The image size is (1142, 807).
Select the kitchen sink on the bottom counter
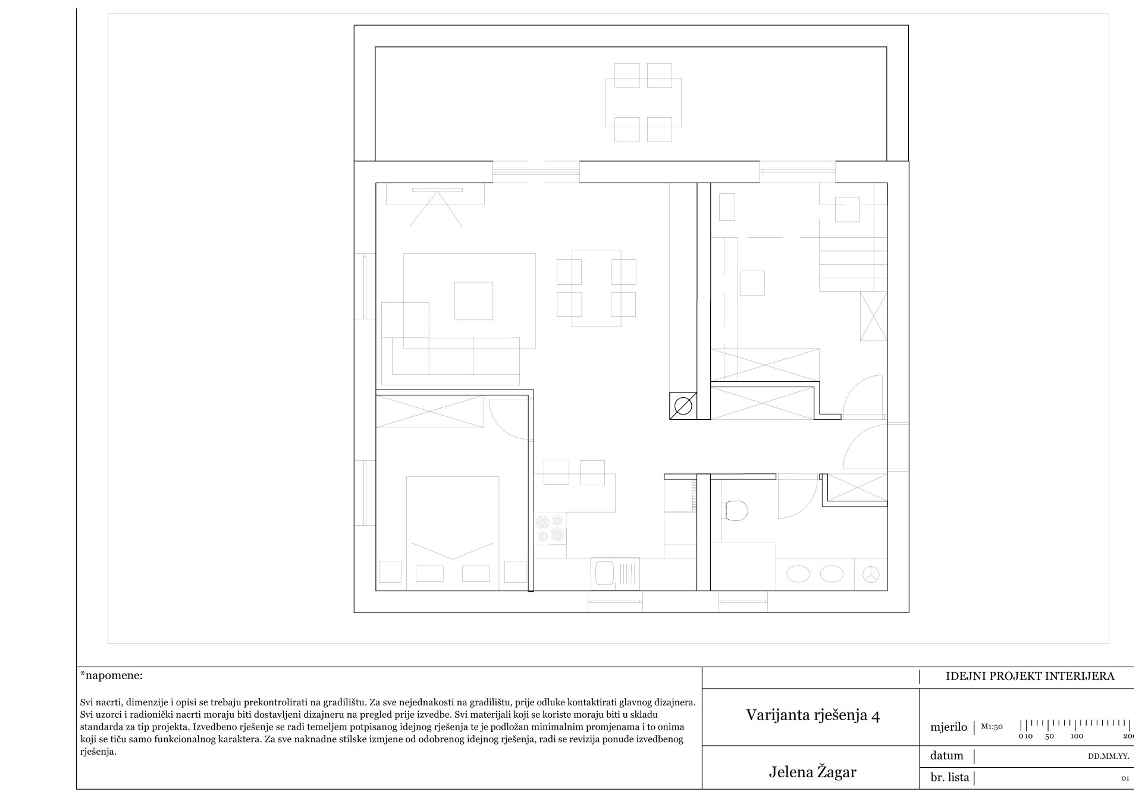615,574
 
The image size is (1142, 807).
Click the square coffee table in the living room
474,301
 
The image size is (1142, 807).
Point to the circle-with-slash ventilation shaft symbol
683,406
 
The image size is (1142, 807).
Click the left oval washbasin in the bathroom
798,574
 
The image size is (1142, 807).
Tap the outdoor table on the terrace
643,102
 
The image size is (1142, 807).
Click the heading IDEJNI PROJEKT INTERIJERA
1030,676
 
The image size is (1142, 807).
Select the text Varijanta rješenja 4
812,715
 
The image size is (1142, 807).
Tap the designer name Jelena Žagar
812,772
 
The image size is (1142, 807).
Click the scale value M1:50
992,726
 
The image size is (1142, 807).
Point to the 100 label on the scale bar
1077,736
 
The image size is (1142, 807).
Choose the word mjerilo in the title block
949,727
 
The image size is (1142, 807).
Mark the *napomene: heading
111,676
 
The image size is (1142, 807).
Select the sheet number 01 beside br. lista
1125,778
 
